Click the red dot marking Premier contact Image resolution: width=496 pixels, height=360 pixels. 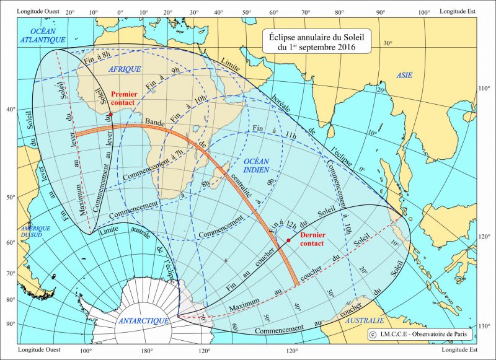click(110, 115)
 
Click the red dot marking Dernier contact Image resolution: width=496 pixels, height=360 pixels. click(289, 240)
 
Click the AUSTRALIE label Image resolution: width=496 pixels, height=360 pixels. click(364, 320)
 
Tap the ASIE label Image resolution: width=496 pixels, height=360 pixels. click(404, 75)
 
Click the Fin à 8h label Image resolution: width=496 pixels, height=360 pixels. click(97, 59)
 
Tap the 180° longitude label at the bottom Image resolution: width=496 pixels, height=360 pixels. click(146, 351)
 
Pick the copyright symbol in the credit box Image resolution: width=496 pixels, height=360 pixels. click(372, 335)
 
